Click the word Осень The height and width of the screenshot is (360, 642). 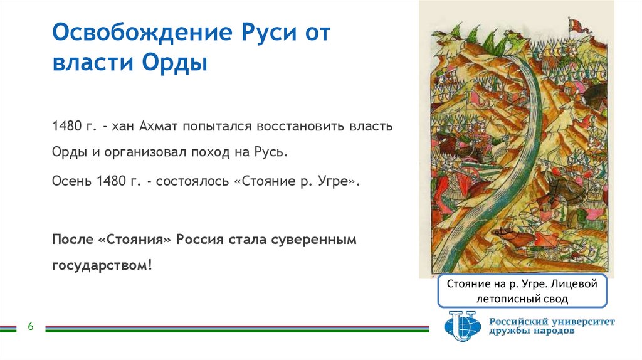[x=72, y=181]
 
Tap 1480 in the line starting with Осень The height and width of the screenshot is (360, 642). [x=111, y=181]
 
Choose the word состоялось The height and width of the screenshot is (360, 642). [x=194, y=181]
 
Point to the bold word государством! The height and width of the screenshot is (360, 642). [x=102, y=265]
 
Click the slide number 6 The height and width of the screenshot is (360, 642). [x=30, y=327]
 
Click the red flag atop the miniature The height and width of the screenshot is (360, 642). [x=574, y=23]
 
